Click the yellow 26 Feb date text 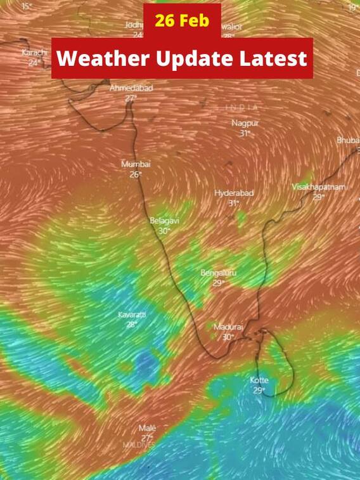pyautogui.click(x=182, y=20)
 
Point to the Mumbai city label pyautogui.click(x=136, y=164)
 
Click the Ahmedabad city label pyautogui.click(x=131, y=89)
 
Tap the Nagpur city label pyautogui.click(x=245, y=123)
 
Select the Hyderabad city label pyautogui.click(x=234, y=193)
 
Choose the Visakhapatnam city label pyautogui.click(x=319, y=186)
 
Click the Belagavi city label pyautogui.click(x=164, y=221)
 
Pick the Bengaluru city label pyautogui.click(x=218, y=273)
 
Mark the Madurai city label pyautogui.click(x=228, y=327)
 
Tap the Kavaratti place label pyautogui.click(x=132, y=315)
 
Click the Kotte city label pyautogui.click(x=259, y=380)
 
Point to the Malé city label pyautogui.click(x=147, y=429)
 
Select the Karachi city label pyautogui.click(x=34, y=53)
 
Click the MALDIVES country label pyautogui.click(x=138, y=445)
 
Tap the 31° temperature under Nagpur pyautogui.click(x=245, y=133)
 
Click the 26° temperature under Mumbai pyautogui.click(x=136, y=174)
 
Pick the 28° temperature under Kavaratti pyautogui.click(x=132, y=324)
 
